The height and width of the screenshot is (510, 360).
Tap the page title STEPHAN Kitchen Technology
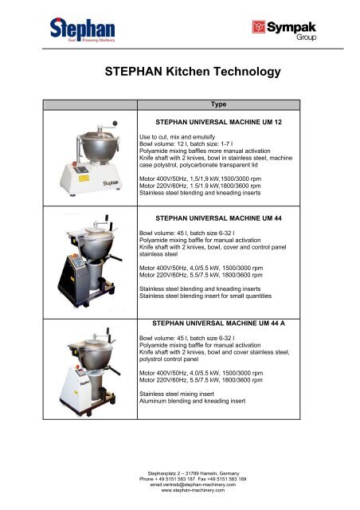coord(193,73)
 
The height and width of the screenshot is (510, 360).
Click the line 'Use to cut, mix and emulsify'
coord(179,136)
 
